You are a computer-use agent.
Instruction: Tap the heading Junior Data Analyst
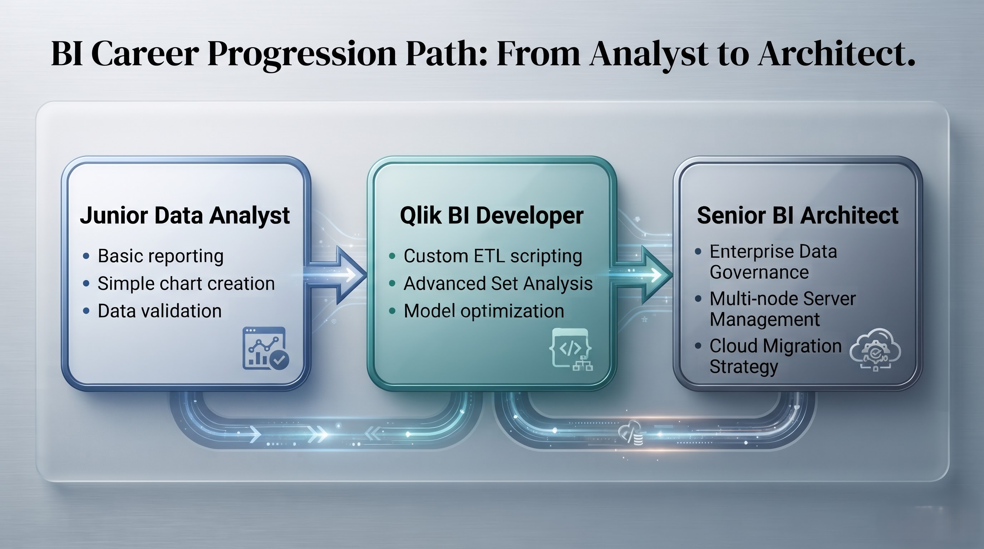185,216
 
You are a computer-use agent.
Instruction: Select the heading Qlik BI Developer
492,216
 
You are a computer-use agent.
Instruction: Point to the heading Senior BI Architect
798,216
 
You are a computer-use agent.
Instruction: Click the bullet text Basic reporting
161,256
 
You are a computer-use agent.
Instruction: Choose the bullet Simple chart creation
186,283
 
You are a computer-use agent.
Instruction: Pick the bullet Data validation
160,311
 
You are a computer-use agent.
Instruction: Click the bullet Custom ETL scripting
493,256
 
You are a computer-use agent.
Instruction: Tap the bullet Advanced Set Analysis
498,283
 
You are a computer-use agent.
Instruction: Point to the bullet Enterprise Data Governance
773,262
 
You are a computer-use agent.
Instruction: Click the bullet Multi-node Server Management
782,309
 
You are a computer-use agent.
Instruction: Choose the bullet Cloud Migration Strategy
776,356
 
